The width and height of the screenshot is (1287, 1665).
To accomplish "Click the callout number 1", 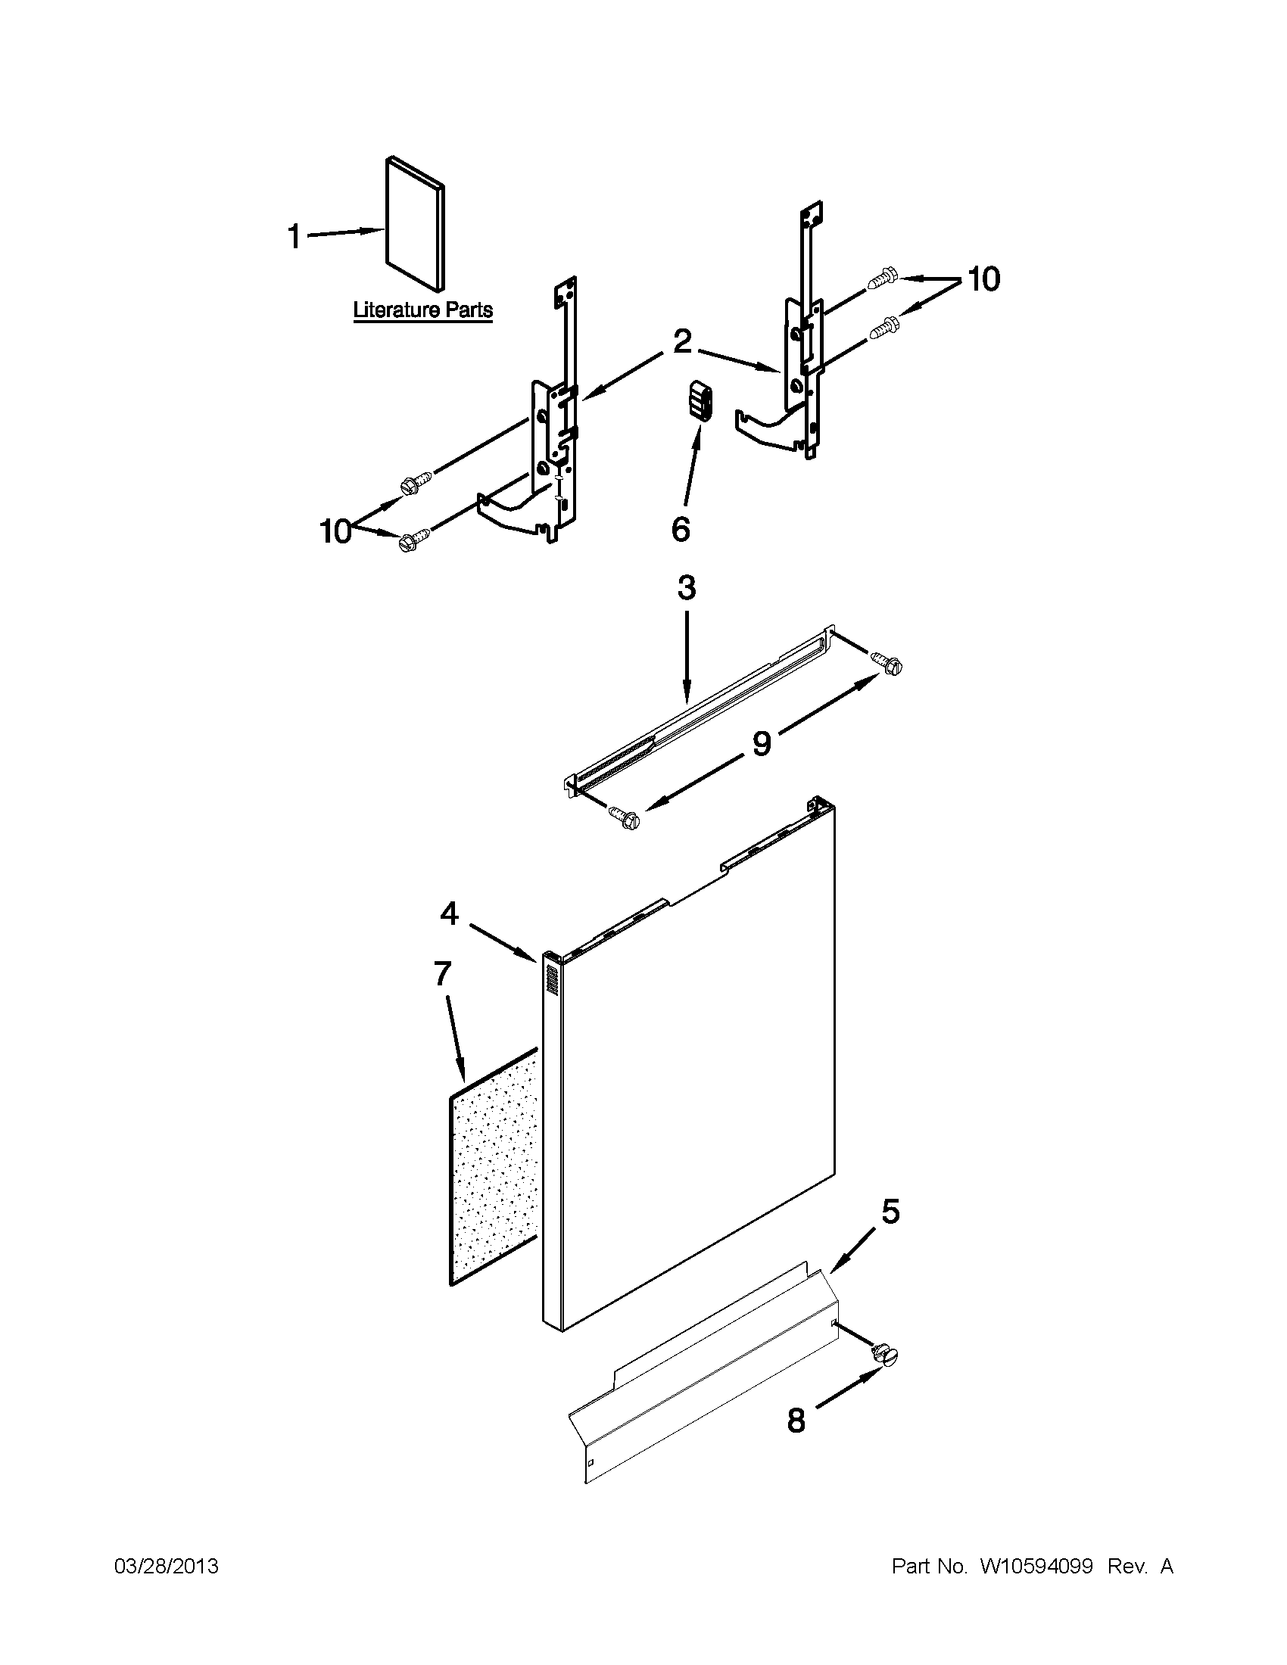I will (x=294, y=236).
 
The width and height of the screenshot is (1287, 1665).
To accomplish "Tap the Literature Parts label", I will (x=422, y=310).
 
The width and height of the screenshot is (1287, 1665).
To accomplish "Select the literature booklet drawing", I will (x=415, y=224).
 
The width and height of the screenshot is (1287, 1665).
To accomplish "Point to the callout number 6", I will (x=680, y=529).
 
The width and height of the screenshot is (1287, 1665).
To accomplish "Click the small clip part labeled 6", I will (x=700, y=402).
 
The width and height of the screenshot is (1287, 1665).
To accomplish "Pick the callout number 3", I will (x=686, y=589).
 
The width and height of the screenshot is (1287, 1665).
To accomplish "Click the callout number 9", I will (x=761, y=743).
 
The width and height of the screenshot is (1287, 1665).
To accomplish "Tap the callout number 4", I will (x=449, y=913).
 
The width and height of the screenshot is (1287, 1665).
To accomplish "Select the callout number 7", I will (x=442, y=973).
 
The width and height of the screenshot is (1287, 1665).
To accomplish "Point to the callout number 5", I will (x=890, y=1212).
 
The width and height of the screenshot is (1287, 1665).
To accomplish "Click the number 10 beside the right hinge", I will (x=983, y=280).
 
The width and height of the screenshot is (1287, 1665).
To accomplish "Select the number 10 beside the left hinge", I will (x=335, y=531).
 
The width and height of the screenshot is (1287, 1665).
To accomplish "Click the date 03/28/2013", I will (x=167, y=1567).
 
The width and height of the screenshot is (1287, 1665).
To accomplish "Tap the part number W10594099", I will (x=1036, y=1567).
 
